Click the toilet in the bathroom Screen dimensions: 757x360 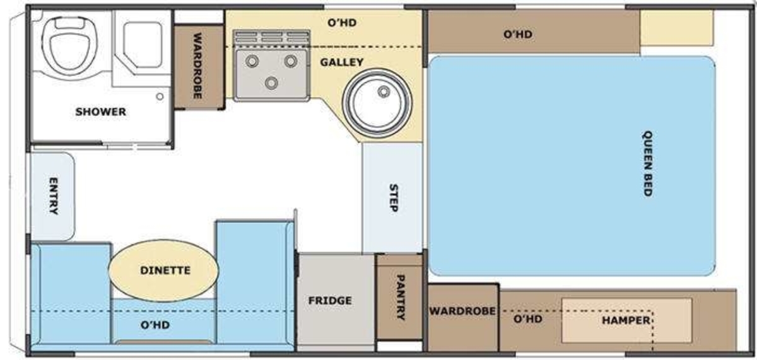pyautogui.click(x=70, y=45)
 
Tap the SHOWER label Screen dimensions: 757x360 pyautogui.click(x=101, y=112)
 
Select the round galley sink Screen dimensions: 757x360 pyautogui.click(x=377, y=103)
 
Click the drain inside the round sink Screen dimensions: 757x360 pyautogui.click(x=384, y=91)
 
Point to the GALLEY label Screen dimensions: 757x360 pyautogui.click(x=342, y=62)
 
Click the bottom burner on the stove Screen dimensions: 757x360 pyautogui.click(x=271, y=83)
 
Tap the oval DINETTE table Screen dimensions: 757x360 pyautogui.click(x=163, y=270)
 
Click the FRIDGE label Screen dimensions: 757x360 pyautogui.click(x=330, y=301)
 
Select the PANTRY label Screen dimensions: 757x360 pyautogui.click(x=401, y=297)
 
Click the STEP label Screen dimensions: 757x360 pyautogui.click(x=394, y=198)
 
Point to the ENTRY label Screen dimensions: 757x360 pyautogui.click(x=54, y=196)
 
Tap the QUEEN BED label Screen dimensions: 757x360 pyautogui.click(x=647, y=163)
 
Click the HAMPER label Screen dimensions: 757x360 pyautogui.click(x=626, y=320)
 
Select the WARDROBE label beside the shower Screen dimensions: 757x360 pyautogui.click(x=197, y=66)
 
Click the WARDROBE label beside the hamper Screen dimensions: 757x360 pyautogui.click(x=462, y=311)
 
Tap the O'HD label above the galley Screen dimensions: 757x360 pyautogui.click(x=342, y=23)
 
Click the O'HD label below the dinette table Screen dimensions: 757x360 pyautogui.click(x=155, y=325)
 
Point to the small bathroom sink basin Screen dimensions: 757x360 pyautogui.click(x=143, y=45)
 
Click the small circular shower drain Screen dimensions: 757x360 pyautogui.click(x=160, y=96)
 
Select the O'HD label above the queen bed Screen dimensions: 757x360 pyautogui.click(x=518, y=35)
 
